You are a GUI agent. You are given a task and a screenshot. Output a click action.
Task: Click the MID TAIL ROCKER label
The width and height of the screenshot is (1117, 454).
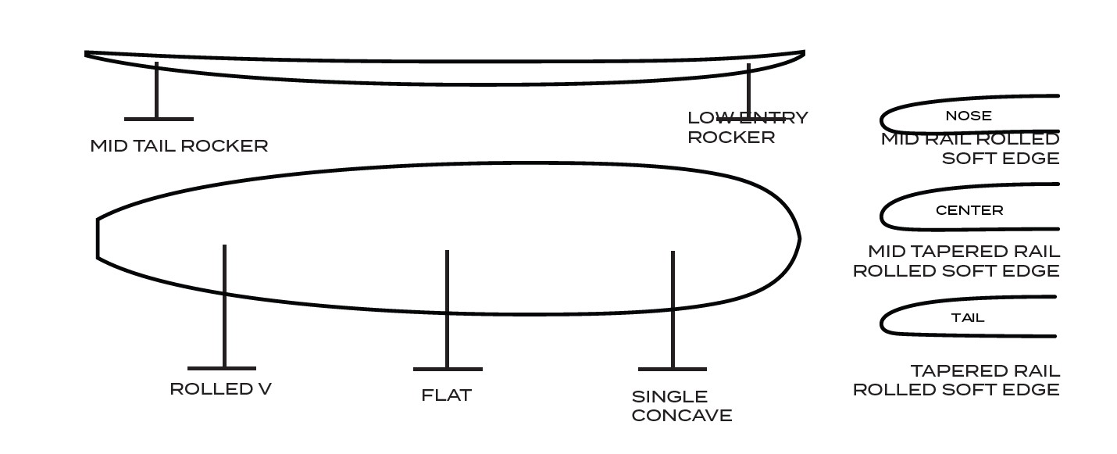[179, 146]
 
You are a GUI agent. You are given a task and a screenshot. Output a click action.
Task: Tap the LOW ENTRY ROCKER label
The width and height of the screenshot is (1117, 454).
[748, 127]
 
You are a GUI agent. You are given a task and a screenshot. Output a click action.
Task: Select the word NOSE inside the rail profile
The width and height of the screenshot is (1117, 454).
[969, 116]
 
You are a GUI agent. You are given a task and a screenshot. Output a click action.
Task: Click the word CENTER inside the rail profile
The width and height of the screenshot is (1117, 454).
[969, 210]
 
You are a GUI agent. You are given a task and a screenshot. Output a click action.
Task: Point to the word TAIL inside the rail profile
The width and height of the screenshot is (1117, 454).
[968, 318]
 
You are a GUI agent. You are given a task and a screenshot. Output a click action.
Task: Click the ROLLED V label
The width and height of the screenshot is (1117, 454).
[220, 389]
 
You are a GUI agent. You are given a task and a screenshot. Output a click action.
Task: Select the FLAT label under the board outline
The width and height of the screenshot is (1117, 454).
[446, 395]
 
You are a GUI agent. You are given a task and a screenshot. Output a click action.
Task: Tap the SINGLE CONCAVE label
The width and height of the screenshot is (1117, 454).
[682, 406]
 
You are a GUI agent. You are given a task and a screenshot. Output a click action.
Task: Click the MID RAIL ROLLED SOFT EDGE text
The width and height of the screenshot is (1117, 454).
[970, 148]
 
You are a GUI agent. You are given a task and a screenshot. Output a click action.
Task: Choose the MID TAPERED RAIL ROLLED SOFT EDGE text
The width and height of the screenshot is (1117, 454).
[956, 261]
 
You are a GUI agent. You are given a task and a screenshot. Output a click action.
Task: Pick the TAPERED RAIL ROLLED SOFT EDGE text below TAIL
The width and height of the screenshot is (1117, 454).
[956, 381]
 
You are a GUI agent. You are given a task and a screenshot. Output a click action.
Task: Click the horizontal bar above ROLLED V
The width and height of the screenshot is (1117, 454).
[222, 369]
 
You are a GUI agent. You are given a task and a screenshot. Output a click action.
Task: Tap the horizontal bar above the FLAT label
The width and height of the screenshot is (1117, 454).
[448, 369]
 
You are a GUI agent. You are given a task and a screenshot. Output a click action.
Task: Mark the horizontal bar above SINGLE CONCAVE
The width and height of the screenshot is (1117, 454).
[673, 369]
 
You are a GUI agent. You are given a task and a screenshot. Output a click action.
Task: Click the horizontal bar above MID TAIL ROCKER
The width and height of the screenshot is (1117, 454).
[159, 120]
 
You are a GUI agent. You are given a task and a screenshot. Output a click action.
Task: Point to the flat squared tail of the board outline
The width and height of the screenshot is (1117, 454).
[98, 238]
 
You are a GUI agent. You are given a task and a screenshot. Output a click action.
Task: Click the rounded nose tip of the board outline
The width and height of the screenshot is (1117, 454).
[800, 239]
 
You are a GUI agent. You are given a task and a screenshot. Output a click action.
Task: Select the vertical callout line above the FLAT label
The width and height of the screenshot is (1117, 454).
[448, 309]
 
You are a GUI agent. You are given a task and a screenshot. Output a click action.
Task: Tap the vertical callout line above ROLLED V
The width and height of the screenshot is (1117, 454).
[224, 306]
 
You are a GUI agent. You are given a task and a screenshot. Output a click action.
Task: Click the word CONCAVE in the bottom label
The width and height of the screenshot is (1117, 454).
[682, 416]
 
